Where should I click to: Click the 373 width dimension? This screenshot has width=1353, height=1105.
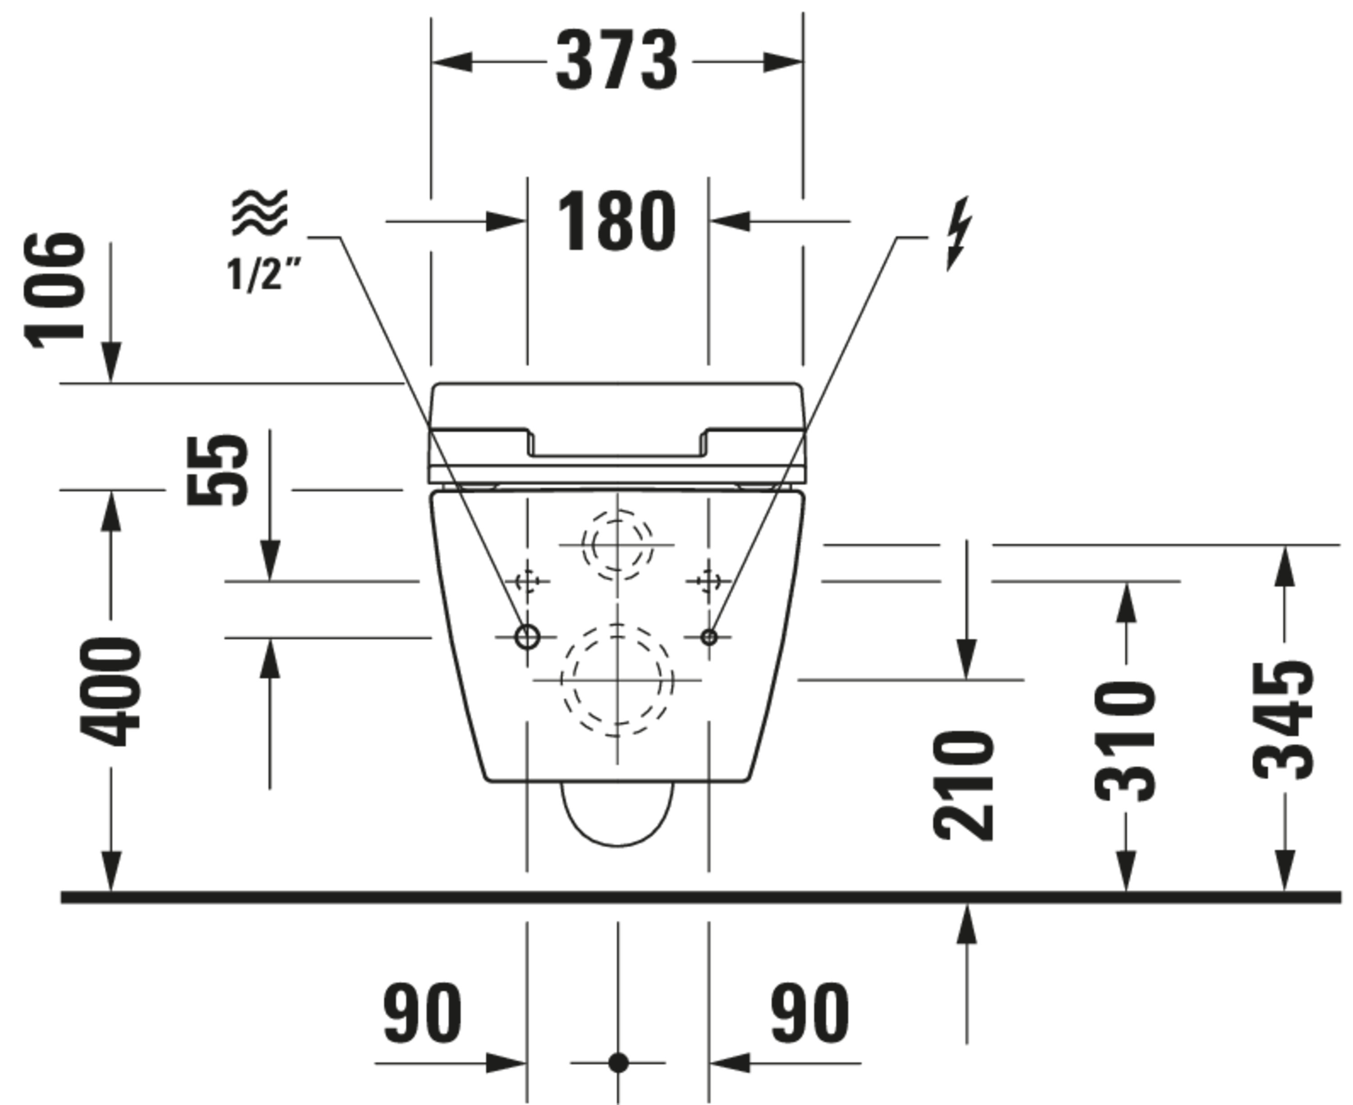click(x=617, y=61)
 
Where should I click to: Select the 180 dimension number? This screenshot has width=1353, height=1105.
click(x=616, y=221)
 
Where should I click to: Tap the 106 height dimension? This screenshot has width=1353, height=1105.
click(x=55, y=291)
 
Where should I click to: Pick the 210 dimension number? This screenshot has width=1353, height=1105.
click(x=963, y=786)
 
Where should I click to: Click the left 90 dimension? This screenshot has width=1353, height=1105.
click(x=422, y=1013)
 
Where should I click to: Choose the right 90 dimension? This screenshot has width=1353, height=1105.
click(x=810, y=1013)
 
